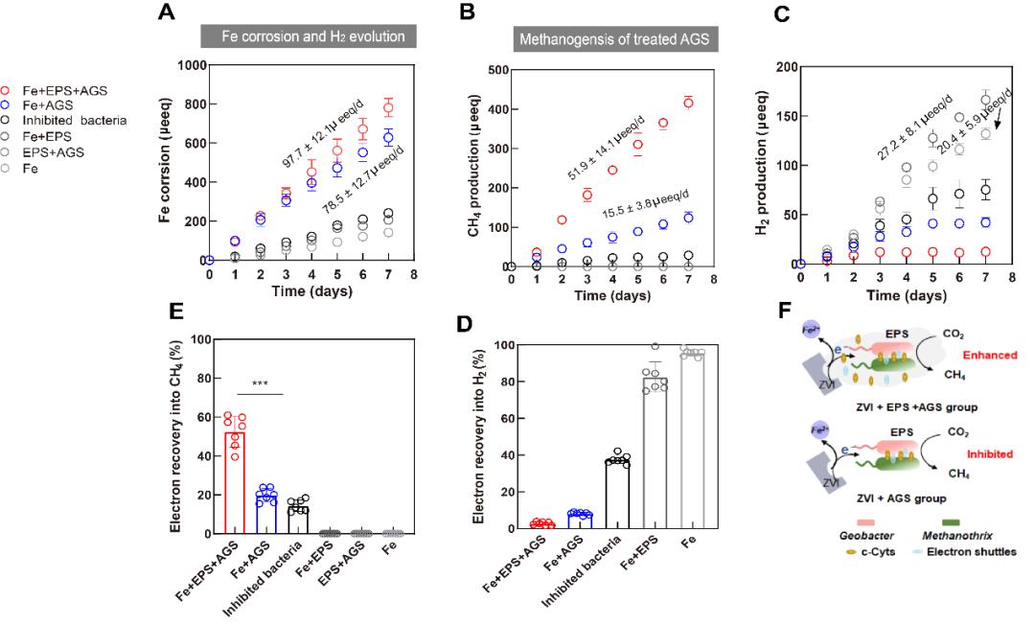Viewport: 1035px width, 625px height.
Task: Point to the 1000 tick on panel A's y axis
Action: (x=189, y=65)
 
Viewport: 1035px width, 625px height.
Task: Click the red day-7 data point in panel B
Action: (x=688, y=103)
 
